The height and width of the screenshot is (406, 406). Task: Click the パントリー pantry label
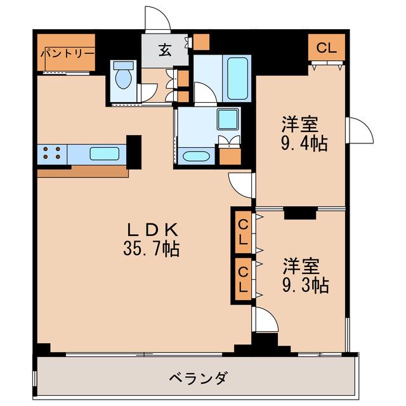click(67, 53)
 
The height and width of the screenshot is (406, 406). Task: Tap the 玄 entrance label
click(165, 50)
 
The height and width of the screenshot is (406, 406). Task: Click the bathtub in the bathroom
click(238, 78)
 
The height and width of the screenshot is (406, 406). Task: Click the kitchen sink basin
click(105, 154)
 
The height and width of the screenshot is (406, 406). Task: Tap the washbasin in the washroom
click(196, 157)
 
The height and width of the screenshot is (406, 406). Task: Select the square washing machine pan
click(228, 119)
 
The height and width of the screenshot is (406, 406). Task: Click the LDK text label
click(152, 230)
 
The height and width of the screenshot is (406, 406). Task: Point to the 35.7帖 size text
click(152, 249)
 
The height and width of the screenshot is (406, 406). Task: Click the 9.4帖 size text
click(304, 143)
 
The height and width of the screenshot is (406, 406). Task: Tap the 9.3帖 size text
click(305, 285)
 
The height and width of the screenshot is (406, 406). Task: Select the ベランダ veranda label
click(199, 378)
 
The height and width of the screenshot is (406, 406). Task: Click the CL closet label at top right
click(327, 48)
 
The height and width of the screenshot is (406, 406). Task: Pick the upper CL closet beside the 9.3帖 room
click(243, 233)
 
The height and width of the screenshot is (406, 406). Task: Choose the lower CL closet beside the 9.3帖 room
click(243, 279)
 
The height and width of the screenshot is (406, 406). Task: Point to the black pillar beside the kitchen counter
click(134, 152)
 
